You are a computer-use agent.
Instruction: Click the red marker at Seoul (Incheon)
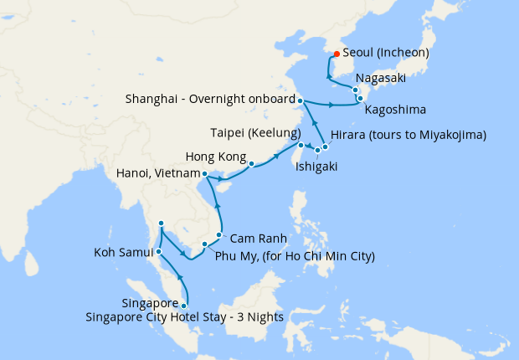point(336,54)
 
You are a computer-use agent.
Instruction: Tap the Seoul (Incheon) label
point(386,53)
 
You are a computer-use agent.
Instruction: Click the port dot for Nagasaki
point(356,90)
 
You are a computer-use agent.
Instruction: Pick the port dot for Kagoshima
point(361,99)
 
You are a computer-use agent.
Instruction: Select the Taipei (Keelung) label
point(255,134)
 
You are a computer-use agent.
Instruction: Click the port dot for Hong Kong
point(251,164)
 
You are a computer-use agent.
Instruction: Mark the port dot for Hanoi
point(205,174)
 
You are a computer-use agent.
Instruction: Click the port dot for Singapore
point(184,306)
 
